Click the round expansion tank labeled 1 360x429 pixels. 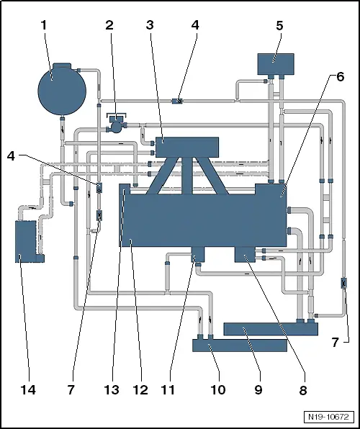(x=62, y=91)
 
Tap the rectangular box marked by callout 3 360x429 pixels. (x=187, y=147)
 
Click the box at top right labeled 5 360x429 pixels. (x=276, y=64)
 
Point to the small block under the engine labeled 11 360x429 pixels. (x=198, y=254)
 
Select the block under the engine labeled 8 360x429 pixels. (x=245, y=254)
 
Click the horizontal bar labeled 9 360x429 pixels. (x=271, y=329)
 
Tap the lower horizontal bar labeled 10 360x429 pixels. (x=240, y=346)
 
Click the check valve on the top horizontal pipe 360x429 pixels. (x=177, y=101)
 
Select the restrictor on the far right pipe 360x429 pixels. (x=344, y=283)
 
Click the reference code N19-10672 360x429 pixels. (x=328, y=417)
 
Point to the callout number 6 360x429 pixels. (x=340, y=77)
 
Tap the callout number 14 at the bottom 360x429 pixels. (x=28, y=389)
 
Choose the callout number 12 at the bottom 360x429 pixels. (x=140, y=389)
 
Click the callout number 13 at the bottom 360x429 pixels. (x=112, y=389)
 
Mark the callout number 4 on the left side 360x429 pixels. (x=11, y=156)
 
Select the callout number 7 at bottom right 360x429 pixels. (x=336, y=343)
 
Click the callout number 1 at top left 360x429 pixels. (x=44, y=25)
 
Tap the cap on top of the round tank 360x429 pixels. (x=62, y=66)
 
